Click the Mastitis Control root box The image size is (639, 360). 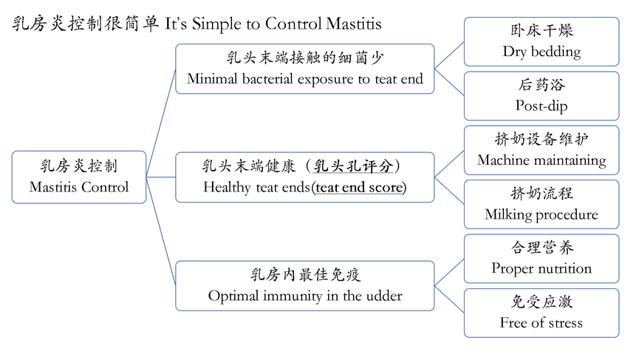79,177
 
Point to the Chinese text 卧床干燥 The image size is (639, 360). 541,32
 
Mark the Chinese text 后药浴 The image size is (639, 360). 541,86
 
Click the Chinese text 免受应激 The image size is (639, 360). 541,303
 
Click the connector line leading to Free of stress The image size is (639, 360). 449,299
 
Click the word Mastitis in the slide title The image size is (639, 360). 353,24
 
